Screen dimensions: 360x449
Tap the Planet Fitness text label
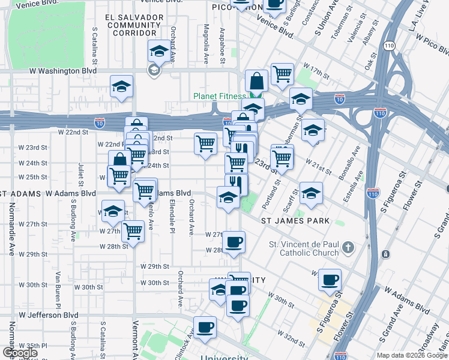pyautogui.click(x=219, y=97)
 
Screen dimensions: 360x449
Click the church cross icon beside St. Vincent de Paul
pyautogui.click(x=348, y=247)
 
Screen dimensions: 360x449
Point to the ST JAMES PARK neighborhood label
pyautogui.click(x=295, y=221)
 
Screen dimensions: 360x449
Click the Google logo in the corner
pyautogui.click(x=20, y=353)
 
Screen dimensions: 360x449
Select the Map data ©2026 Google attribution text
pyautogui.click(x=412, y=355)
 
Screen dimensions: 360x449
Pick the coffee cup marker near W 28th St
pyautogui.click(x=234, y=243)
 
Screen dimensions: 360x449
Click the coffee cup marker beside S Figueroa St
pyautogui.click(x=329, y=280)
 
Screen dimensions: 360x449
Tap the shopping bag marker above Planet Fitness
pyautogui.click(x=256, y=81)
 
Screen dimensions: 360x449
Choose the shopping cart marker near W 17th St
pyautogui.click(x=282, y=75)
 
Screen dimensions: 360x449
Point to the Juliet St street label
pyautogui.click(x=81, y=172)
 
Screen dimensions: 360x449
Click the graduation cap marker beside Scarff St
pyautogui.click(x=310, y=194)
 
